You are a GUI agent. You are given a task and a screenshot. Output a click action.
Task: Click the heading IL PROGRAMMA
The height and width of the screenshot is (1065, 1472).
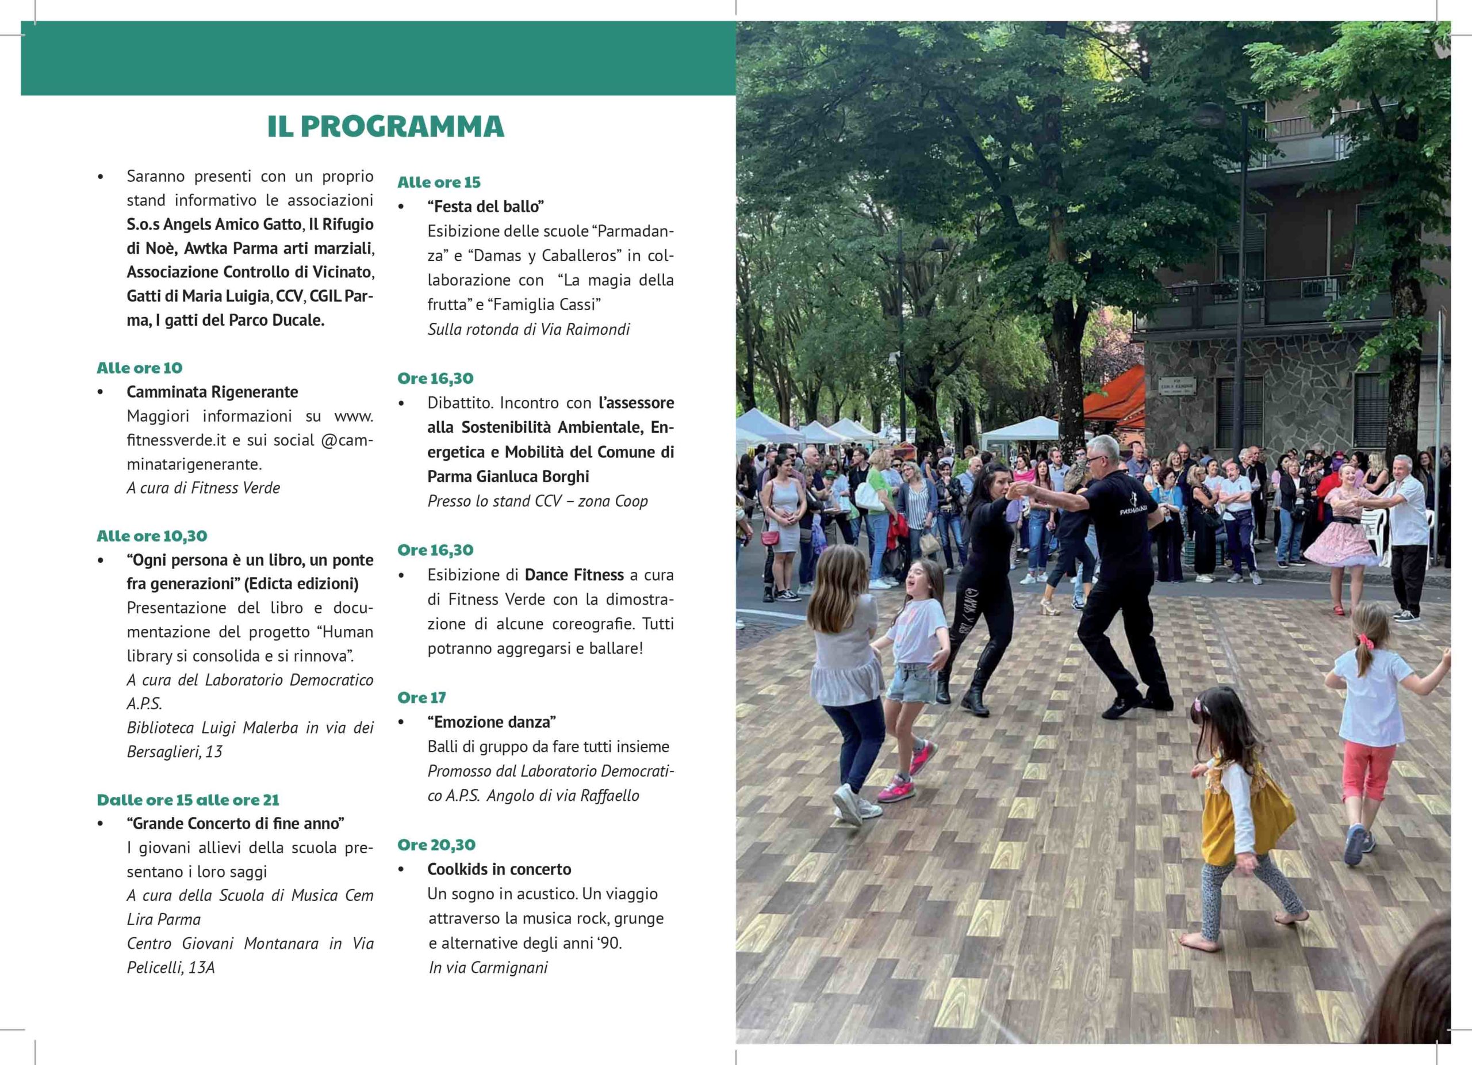point(385,127)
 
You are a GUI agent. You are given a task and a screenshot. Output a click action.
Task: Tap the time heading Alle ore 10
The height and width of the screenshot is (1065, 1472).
point(140,368)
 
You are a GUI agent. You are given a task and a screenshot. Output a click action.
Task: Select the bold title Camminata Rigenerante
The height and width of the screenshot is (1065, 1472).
point(212,392)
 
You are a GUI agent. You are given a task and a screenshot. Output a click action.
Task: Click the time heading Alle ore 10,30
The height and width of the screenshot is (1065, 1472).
point(152,536)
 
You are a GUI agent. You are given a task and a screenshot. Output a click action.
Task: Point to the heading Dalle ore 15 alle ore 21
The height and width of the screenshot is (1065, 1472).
point(188,800)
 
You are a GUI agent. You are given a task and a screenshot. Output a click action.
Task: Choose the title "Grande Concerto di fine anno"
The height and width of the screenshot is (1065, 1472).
point(236,824)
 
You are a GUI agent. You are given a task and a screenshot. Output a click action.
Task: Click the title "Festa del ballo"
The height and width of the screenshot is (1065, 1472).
point(485,207)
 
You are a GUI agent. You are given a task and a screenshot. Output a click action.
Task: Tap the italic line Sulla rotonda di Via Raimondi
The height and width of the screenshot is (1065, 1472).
point(528,330)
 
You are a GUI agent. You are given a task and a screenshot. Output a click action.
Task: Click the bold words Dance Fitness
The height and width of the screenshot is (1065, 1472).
point(574,575)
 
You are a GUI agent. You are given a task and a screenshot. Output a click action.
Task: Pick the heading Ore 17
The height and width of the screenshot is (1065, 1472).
point(422,698)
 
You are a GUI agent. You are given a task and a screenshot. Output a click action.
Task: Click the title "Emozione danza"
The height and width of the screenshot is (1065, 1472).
point(491,722)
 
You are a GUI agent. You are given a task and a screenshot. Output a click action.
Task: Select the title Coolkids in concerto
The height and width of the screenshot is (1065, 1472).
point(499,869)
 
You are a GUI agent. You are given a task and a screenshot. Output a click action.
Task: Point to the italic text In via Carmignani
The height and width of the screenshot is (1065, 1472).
point(488,968)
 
